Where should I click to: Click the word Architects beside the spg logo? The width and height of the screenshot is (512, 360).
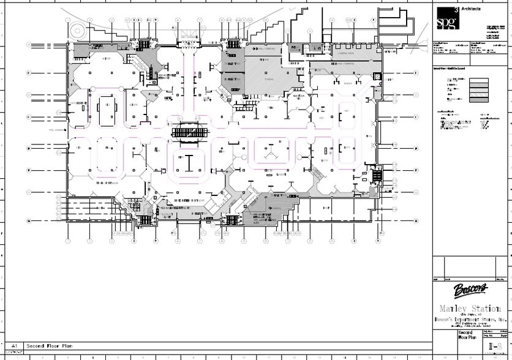[470, 9]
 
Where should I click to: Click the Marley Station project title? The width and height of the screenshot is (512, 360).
[471, 307]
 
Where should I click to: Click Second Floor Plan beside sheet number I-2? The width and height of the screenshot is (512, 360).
[451, 335]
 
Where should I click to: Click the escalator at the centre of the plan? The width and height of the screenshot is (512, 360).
[191, 132]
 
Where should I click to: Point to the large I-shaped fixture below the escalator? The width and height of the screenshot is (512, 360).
[190, 162]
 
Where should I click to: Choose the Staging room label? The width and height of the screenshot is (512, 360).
[268, 80]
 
